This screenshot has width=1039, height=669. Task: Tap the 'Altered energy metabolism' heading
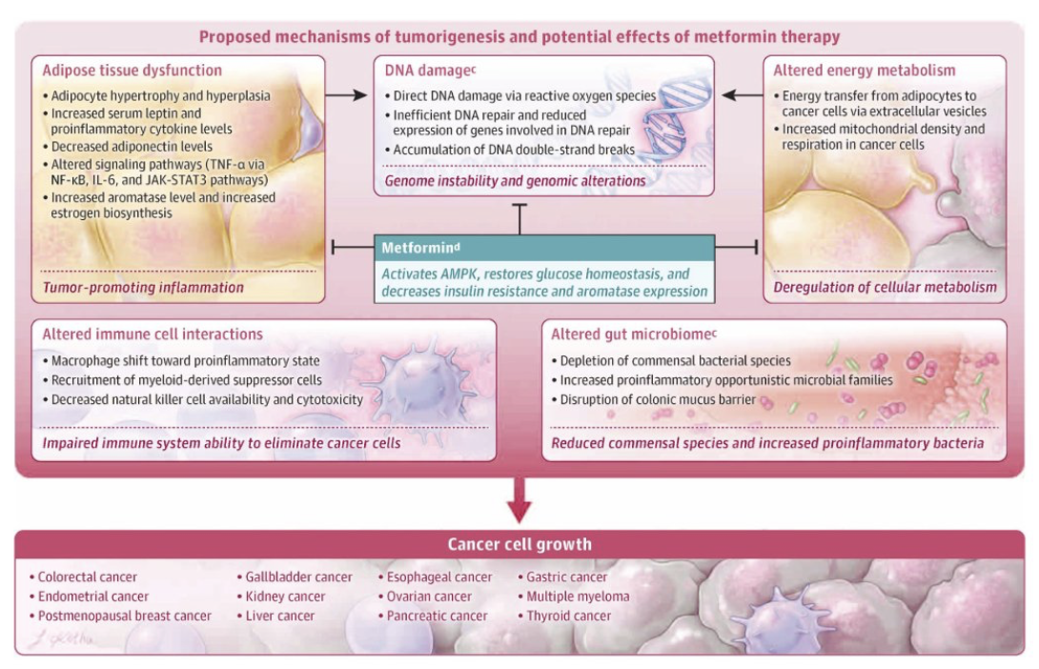point(864,71)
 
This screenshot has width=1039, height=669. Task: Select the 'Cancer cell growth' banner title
point(519,545)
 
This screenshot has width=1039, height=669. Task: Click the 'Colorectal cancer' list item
point(88,577)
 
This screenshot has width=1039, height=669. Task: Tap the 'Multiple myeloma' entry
point(578,597)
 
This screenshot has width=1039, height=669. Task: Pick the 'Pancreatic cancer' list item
point(437,616)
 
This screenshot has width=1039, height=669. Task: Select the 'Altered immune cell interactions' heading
point(153,334)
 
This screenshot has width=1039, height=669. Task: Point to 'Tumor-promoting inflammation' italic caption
point(143,287)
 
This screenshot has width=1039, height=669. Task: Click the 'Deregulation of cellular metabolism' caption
point(885,287)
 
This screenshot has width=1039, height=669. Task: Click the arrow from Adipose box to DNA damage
point(346,94)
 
